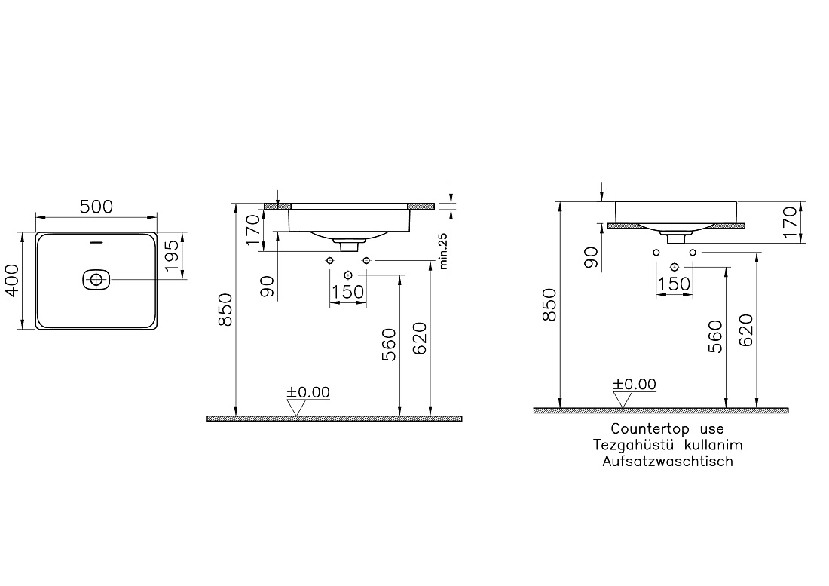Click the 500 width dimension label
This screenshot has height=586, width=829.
96,206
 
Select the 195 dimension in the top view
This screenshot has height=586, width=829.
173,256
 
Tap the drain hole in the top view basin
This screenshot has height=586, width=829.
96,279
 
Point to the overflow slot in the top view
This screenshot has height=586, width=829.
96,243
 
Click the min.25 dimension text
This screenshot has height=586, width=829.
443,251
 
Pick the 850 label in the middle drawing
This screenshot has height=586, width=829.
225,309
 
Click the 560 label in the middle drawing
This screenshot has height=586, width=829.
389,345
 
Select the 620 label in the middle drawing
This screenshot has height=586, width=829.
420,339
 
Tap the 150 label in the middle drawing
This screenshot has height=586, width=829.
348,292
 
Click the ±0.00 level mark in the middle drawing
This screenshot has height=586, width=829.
308,392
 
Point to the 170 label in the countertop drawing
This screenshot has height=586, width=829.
789,222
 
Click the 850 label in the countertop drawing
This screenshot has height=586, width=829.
550,304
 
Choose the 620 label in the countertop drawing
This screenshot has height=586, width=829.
746,330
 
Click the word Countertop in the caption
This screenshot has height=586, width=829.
650,429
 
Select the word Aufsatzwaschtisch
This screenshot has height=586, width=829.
668,462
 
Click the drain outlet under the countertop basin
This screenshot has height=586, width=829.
676,238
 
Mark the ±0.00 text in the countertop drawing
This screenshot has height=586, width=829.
635,385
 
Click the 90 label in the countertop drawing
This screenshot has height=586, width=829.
592,258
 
